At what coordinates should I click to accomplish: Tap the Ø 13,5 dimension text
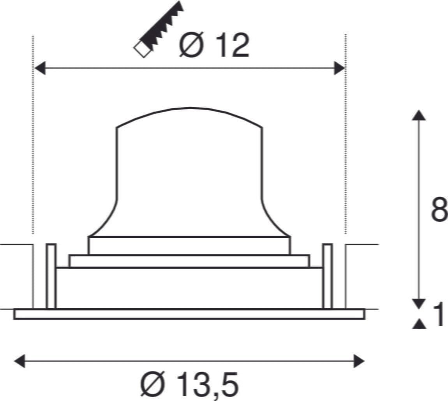point(189,384)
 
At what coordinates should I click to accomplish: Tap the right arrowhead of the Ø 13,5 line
point(359,361)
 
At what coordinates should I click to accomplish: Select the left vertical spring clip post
point(51,276)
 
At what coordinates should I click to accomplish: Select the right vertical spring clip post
point(327,276)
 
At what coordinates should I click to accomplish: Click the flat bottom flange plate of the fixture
point(189,314)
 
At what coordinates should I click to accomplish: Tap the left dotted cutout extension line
point(33,136)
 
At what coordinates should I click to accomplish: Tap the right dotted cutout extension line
point(346,136)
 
